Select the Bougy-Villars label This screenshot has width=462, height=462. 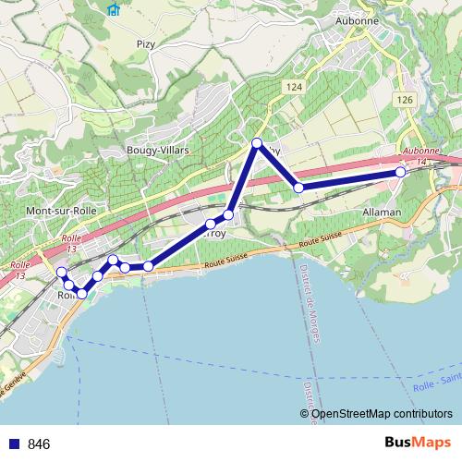(157, 149)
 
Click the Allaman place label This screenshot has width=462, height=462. (383, 212)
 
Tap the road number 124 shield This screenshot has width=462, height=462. (295, 86)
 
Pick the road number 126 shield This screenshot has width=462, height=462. (405, 99)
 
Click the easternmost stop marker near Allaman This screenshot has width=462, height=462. (401, 173)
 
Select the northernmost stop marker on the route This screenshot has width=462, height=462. (258, 143)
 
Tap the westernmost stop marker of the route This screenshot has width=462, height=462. (62, 272)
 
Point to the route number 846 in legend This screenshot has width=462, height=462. (39, 444)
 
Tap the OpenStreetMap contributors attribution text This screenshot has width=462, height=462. (382, 413)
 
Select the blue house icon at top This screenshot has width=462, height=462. (114, 9)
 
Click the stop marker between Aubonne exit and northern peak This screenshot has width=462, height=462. (298, 188)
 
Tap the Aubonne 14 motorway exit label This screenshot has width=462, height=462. (419, 156)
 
